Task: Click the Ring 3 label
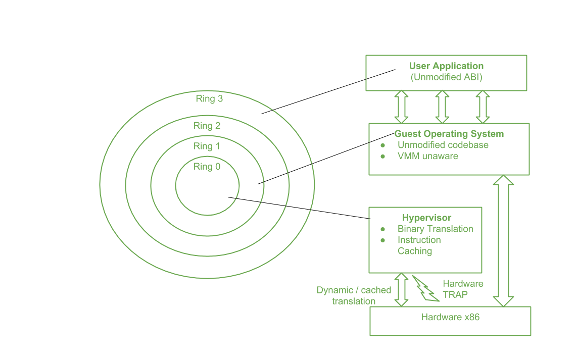coord(210,99)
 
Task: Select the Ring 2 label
coord(207,126)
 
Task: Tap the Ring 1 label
coord(207,146)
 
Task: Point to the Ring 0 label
coord(207,167)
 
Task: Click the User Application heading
coord(446,66)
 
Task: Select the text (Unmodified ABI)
coord(446,77)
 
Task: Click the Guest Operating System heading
coord(449,134)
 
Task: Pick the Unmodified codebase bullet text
coord(443,145)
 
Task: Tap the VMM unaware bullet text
coord(427,156)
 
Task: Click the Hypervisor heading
coord(426,218)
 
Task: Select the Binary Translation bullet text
coord(435,229)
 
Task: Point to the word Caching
coord(415,251)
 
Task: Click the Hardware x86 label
coord(450,318)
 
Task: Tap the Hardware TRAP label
coord(463,288)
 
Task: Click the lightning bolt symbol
coord(425,289)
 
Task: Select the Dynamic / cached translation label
coord(354,295)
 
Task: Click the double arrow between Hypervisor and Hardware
coord(401,289)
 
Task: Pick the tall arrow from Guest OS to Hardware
coord(503,241)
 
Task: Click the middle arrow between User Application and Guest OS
coord(442,107)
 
